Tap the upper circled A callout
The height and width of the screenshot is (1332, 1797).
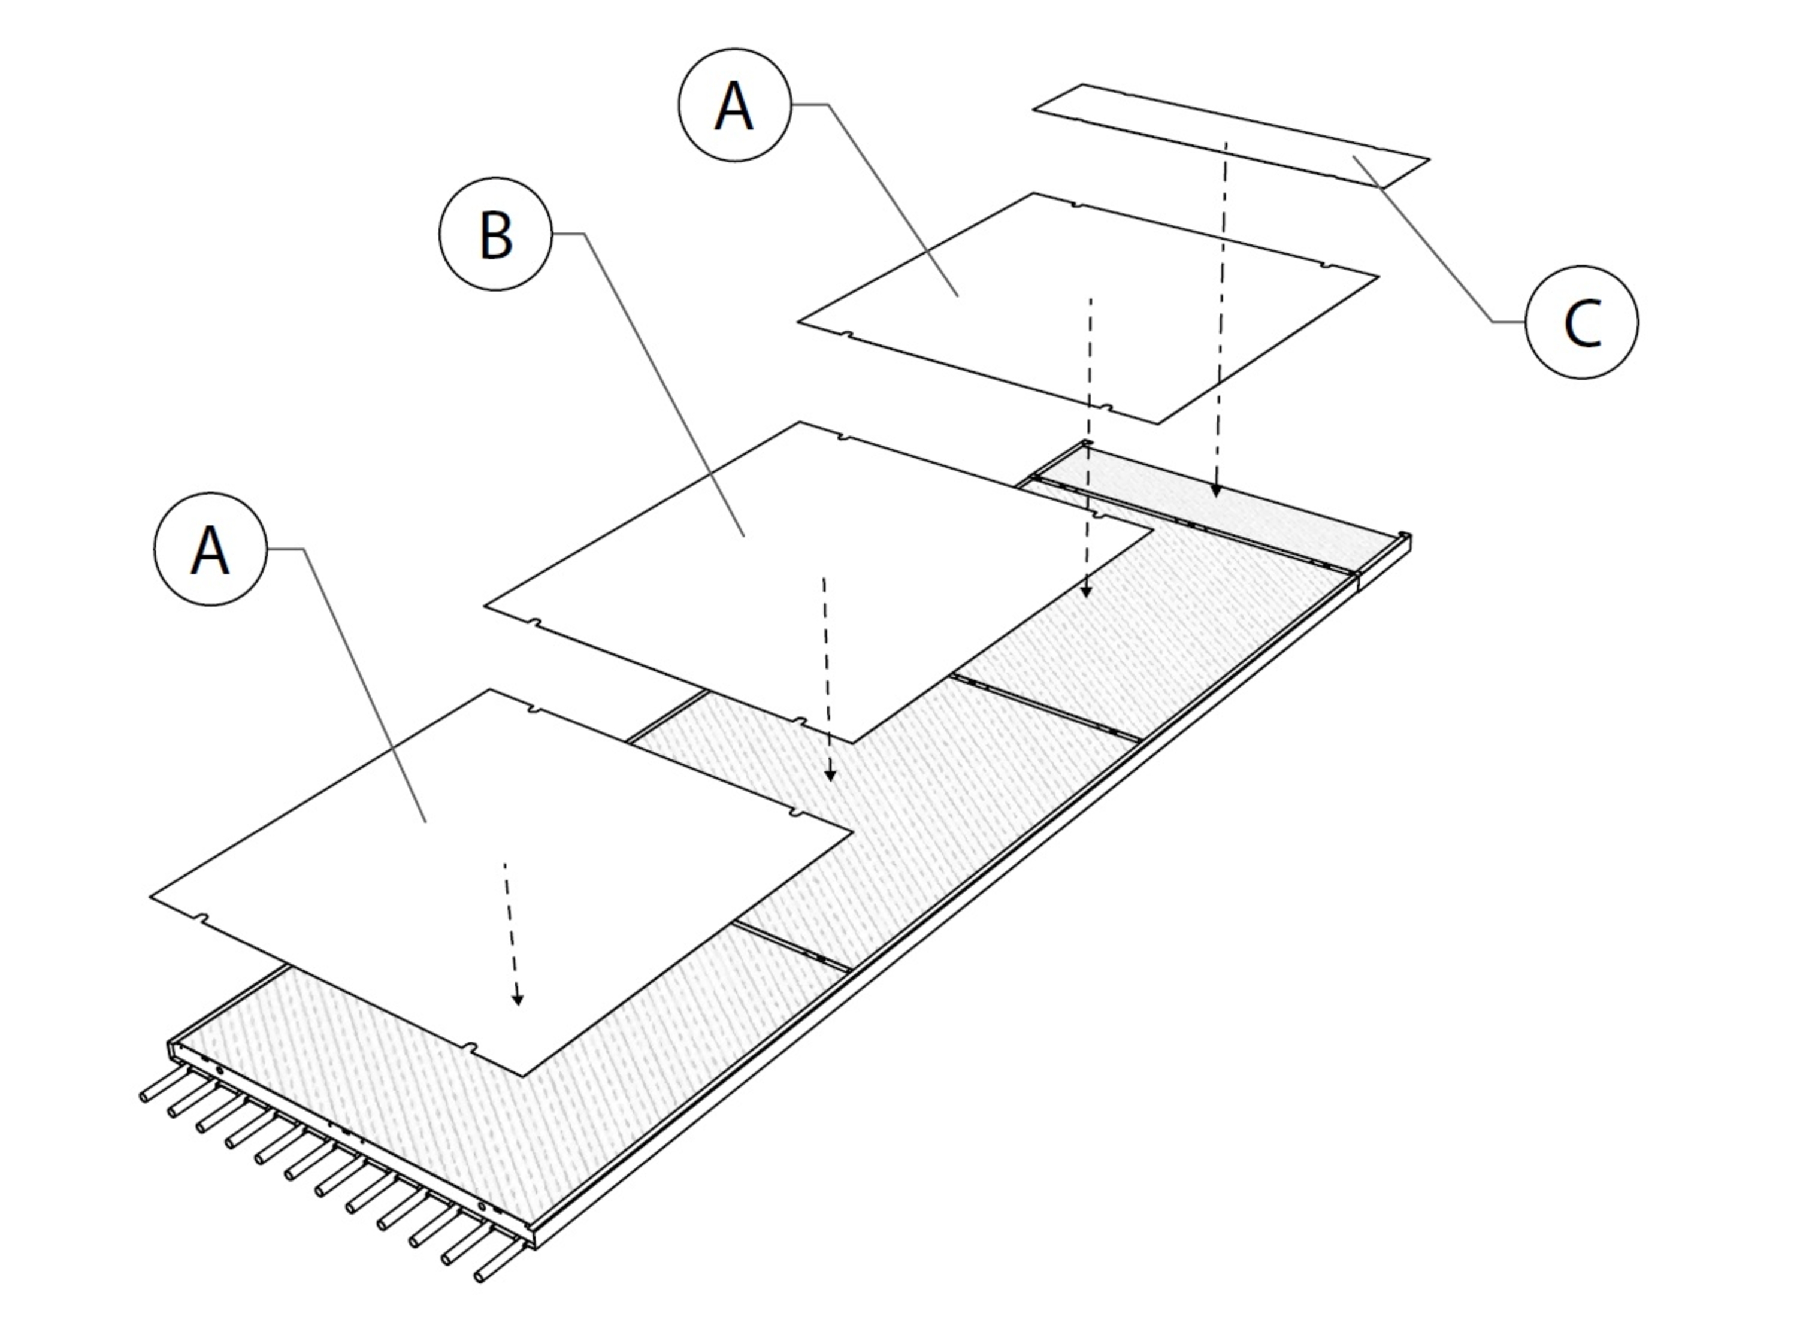(x=734, y=105)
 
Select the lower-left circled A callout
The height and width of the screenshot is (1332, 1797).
(x=210, y=549)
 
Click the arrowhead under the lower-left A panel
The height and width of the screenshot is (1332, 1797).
(x=518, y=1000)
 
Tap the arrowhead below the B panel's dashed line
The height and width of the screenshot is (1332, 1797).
(x=830, y=776)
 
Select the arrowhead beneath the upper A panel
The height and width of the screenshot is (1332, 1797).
(x=1086, y=591)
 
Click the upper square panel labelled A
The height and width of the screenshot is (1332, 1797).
(x=1088, y=307)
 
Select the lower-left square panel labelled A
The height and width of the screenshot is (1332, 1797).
(x=500, y=879)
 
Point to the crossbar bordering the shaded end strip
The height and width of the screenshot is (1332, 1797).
(x=1193, y=526)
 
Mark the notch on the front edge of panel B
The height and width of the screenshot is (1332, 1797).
(x=799, y=719)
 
